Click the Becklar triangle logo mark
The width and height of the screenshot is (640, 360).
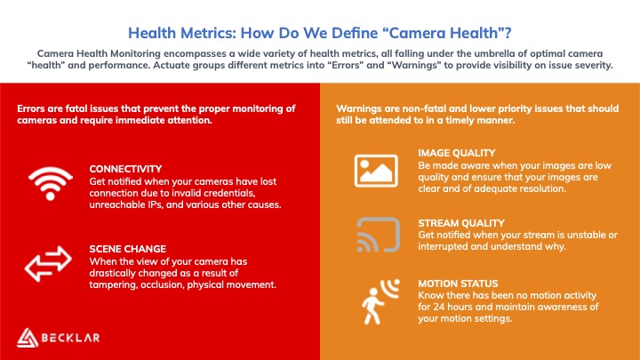(28, 338)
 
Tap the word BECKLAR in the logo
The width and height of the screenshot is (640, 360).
(70, 338)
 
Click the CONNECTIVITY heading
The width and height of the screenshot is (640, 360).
(125, 169)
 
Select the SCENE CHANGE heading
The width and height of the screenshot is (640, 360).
(128, 249)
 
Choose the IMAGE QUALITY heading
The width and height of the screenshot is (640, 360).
(457, 153)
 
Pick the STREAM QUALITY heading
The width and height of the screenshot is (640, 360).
(461, 223)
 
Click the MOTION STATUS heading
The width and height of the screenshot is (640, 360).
(458, 284)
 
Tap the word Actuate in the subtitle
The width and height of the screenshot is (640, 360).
(171, 65)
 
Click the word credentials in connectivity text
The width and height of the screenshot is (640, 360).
(229, 193)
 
